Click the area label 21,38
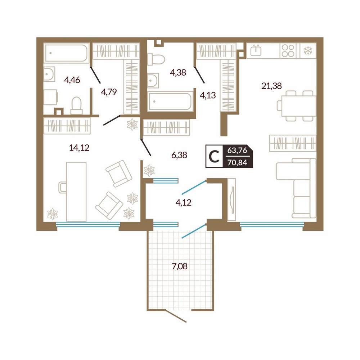(271, 86)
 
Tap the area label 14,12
(79, 148)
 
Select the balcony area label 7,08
(180, 266)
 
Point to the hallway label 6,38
(179, 155)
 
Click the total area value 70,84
(237, 163)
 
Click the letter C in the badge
(214, 157)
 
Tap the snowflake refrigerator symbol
(308, 51)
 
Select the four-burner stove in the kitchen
(288, 50)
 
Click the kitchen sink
(256, 50)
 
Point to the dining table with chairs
(297, 106)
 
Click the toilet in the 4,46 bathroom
(76, 105)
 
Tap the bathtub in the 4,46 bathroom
(66, 53)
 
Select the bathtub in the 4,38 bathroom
(170, 101)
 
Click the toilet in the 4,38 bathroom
(156, 59)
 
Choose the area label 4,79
(109, 92)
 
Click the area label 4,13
(208, 95)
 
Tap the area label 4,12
(183, 202)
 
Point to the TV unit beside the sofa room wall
(232, 199)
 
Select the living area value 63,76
(237, 150)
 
